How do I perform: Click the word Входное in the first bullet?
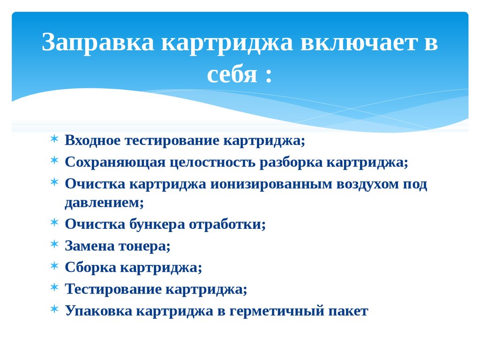click(96, 141)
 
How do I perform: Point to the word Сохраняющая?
click(115, 162)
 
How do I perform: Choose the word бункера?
click(157, 224)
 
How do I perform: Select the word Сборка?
click(90, 267)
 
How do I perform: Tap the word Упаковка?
click(98, 310)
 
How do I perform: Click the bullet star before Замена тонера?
click(55, 244)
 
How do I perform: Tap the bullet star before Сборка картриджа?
click(55, 266)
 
